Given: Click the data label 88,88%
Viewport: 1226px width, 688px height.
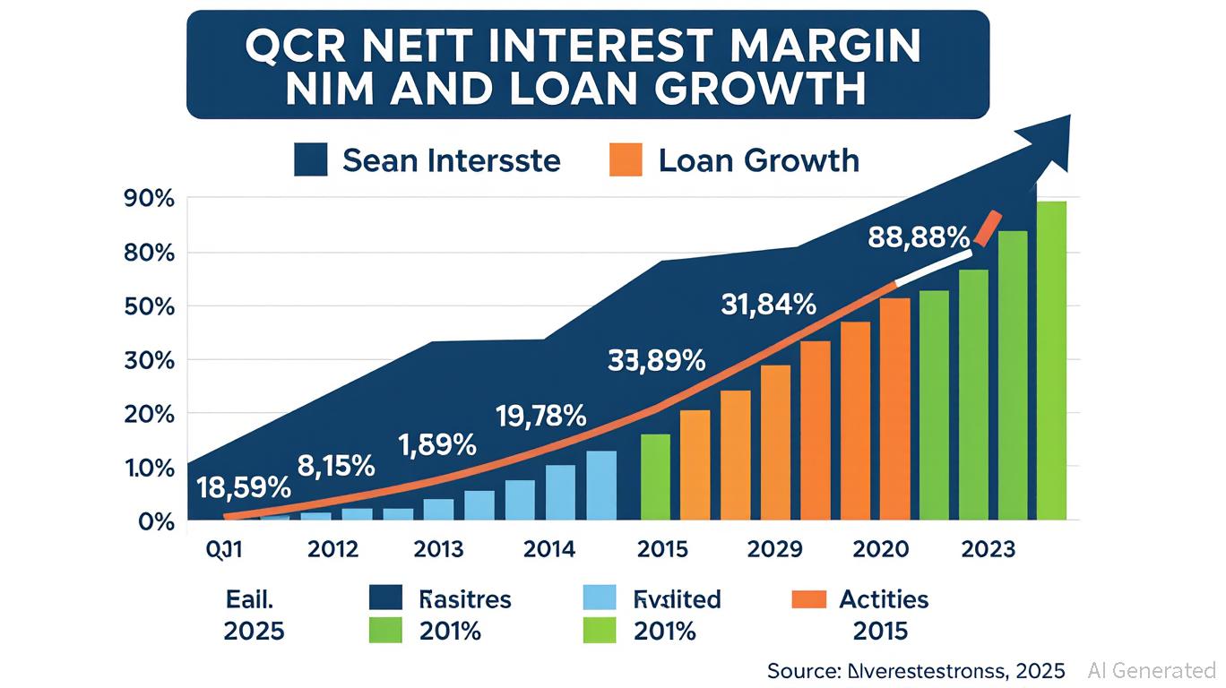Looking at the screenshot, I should (x=919, y=238).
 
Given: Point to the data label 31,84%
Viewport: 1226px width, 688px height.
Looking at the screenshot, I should (x=768, y=305).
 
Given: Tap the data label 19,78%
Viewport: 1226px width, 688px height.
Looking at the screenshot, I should (x=540, y=416).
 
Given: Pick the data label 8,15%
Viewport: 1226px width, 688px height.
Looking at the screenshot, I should (x=335, y=465).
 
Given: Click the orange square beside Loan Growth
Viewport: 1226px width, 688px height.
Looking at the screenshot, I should (x=626, y=160).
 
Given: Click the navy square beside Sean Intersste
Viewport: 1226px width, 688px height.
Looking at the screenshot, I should (x=310, y=160).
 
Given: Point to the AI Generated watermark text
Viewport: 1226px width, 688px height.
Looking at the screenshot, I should (x=1152, y=670).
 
